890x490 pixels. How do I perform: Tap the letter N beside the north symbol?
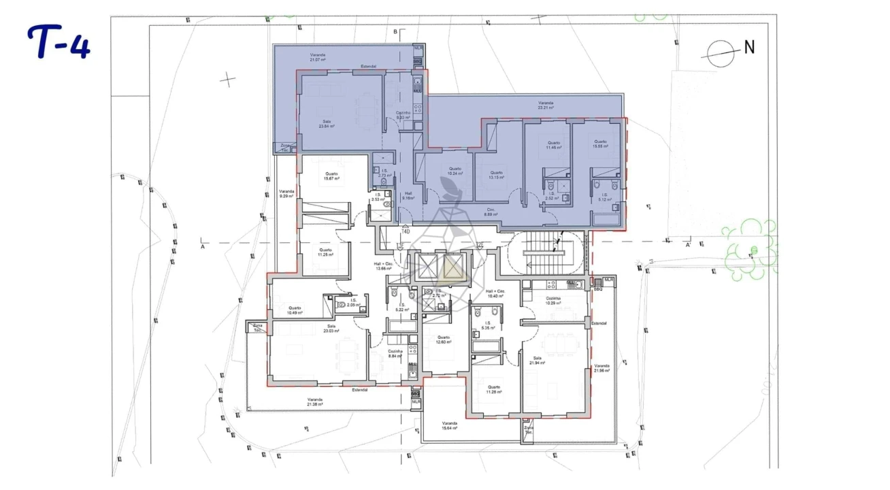(749, 47)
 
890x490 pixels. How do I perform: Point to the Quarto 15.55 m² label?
(599, 144)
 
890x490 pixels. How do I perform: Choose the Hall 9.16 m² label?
(408, 195)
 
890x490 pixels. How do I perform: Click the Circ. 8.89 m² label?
(490, 212)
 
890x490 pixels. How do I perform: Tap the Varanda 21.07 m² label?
(317, 57)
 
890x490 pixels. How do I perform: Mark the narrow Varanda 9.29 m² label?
(286, 194)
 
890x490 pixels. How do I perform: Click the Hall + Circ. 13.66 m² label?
(383, 265)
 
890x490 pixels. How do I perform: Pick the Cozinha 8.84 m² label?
(395, 353)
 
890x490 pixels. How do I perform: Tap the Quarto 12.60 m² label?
(443, 340)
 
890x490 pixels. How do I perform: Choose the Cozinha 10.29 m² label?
(553, 300)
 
